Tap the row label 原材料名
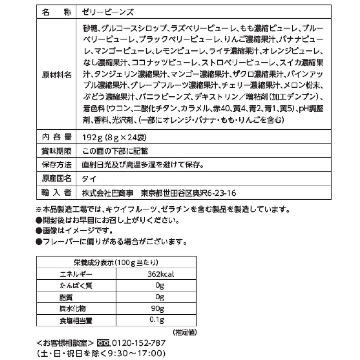pyautogui.click(x=57, y=75)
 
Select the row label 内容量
pyautogui.click(x=57, y=137)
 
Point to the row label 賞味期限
pyautogui.click(x=57, y=151)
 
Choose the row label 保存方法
pyautogui.click(x=57, y=165)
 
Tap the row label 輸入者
pyautogui.click(x=57, y=193)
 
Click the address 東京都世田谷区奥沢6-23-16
pyautogui.click(x=188, y=193)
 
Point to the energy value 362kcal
pyautogui.click(x=160, y=274)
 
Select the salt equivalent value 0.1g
pyautogui.click(x=157, y=320)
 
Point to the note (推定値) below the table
pyautogui.click(x=184, y=332)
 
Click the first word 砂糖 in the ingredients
pyautogui.click(x=90, y=29)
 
